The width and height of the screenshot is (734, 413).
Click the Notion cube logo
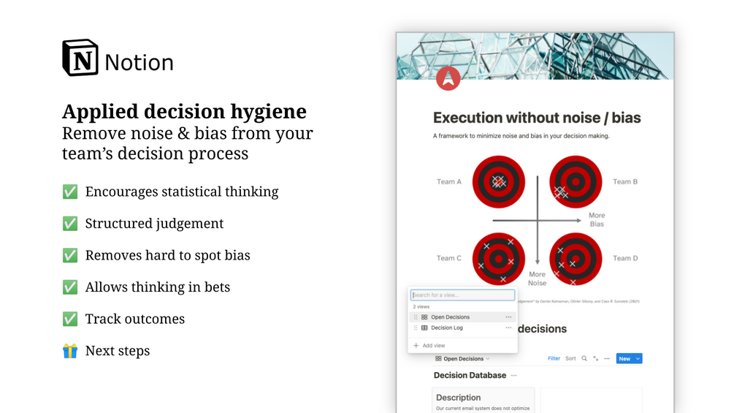(x=80, y=58)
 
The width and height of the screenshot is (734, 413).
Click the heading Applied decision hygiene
(x=184, y=112)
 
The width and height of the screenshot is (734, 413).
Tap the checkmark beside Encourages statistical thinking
(x=70, y=192)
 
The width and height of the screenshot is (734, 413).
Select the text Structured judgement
(x=154, y=224)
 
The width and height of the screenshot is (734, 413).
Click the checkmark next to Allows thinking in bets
(x=70, y=287)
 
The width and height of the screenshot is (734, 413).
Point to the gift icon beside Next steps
(x=70, y=351)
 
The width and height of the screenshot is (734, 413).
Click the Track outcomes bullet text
(x=134, y=319)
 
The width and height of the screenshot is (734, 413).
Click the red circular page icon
(x=448, y=78)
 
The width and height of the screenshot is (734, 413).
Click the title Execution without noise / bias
(x=537, y=118)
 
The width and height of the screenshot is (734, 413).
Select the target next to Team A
(x=498, y=182)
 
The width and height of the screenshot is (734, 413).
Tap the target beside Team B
(x=576, y=182)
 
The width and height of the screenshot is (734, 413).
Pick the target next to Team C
(x=498, y=259)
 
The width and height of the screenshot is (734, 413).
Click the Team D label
(x=625, y=258)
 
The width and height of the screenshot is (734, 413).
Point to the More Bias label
(x=597, y=220)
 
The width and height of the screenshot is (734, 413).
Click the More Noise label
(x=537, y=279)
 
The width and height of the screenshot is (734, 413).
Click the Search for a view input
(x=462, y=295)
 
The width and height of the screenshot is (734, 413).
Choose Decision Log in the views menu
(x=446, y=328)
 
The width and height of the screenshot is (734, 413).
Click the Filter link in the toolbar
(x=554, y=359)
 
